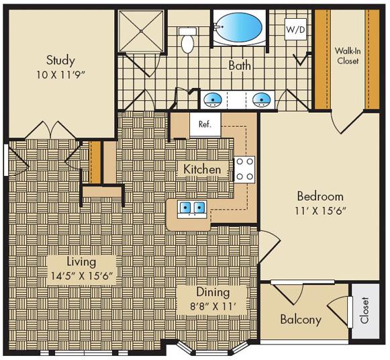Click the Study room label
60,60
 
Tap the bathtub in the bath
238,29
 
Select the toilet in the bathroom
187,40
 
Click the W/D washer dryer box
295,30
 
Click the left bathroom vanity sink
213,100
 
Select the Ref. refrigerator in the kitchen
204,124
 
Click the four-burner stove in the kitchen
244,169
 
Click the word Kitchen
201,169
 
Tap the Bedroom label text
320,197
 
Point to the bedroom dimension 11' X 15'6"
321,211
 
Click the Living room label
81,261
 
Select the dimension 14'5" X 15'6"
81,275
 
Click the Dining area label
212,292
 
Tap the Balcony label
301,320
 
